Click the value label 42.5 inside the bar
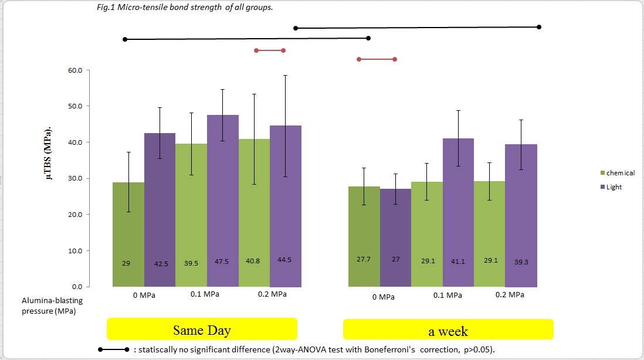coord(160,263)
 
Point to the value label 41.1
coord(458,261)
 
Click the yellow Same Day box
coord(202,329)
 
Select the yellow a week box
coord(448,330)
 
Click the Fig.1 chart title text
coord(185,9)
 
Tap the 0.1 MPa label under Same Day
coord(205,294)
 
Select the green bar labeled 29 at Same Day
coord(128,235)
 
